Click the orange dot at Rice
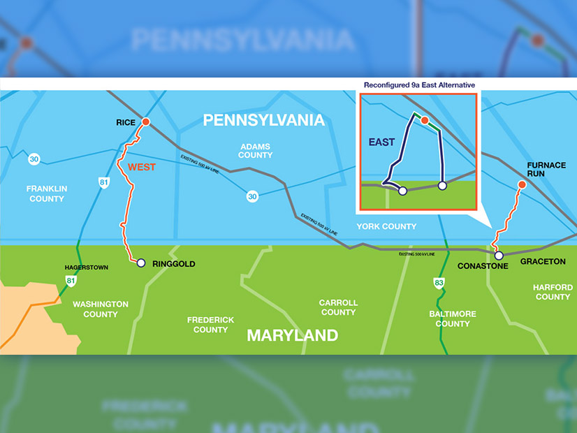(x=146, y=122)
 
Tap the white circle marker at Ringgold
(x=140, y=263)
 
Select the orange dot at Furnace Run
(x=521, y=184)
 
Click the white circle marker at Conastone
(x=499, y=256)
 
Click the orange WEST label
(x=142, y=168)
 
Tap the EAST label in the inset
(x=381, y=142)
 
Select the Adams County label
(x=255, y=150)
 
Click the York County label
(x=386, y=226)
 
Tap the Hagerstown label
(x=86, y=267)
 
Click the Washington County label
(x=101, y=309)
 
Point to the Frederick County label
(x=210, y=325)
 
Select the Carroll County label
(x=338, y=307)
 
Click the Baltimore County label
(x=453, y=318)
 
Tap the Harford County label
(x=553, y=292)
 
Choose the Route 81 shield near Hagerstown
(x=71, y=281)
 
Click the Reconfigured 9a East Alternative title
(x=419, y=85)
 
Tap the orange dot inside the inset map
(x=424, y=121)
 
